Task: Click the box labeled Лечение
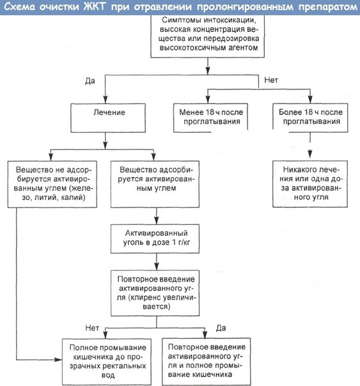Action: coord(108,118)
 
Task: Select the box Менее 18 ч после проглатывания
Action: coord(210,118)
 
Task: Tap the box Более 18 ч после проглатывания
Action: coord(310,118)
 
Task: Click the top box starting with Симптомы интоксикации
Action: coord(208,36)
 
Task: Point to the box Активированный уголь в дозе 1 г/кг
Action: coord(155,239)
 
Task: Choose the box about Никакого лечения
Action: coord(310,184)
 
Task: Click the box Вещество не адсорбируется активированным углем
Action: coord(52,184)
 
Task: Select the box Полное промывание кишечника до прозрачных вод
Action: coord(107,362)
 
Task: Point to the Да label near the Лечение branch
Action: coord(90,81)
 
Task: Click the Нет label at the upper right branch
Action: coord(271,80)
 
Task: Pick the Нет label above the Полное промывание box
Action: coord(92,328)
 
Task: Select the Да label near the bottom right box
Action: coord(221,328)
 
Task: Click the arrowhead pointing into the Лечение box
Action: coord(106,100)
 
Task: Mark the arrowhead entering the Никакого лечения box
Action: coord(310,154)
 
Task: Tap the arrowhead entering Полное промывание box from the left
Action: coord(58,360)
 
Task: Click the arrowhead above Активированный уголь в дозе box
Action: coord(157,220)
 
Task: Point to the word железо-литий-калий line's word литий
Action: coord(44,197)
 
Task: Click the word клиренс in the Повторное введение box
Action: coord(145,297)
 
